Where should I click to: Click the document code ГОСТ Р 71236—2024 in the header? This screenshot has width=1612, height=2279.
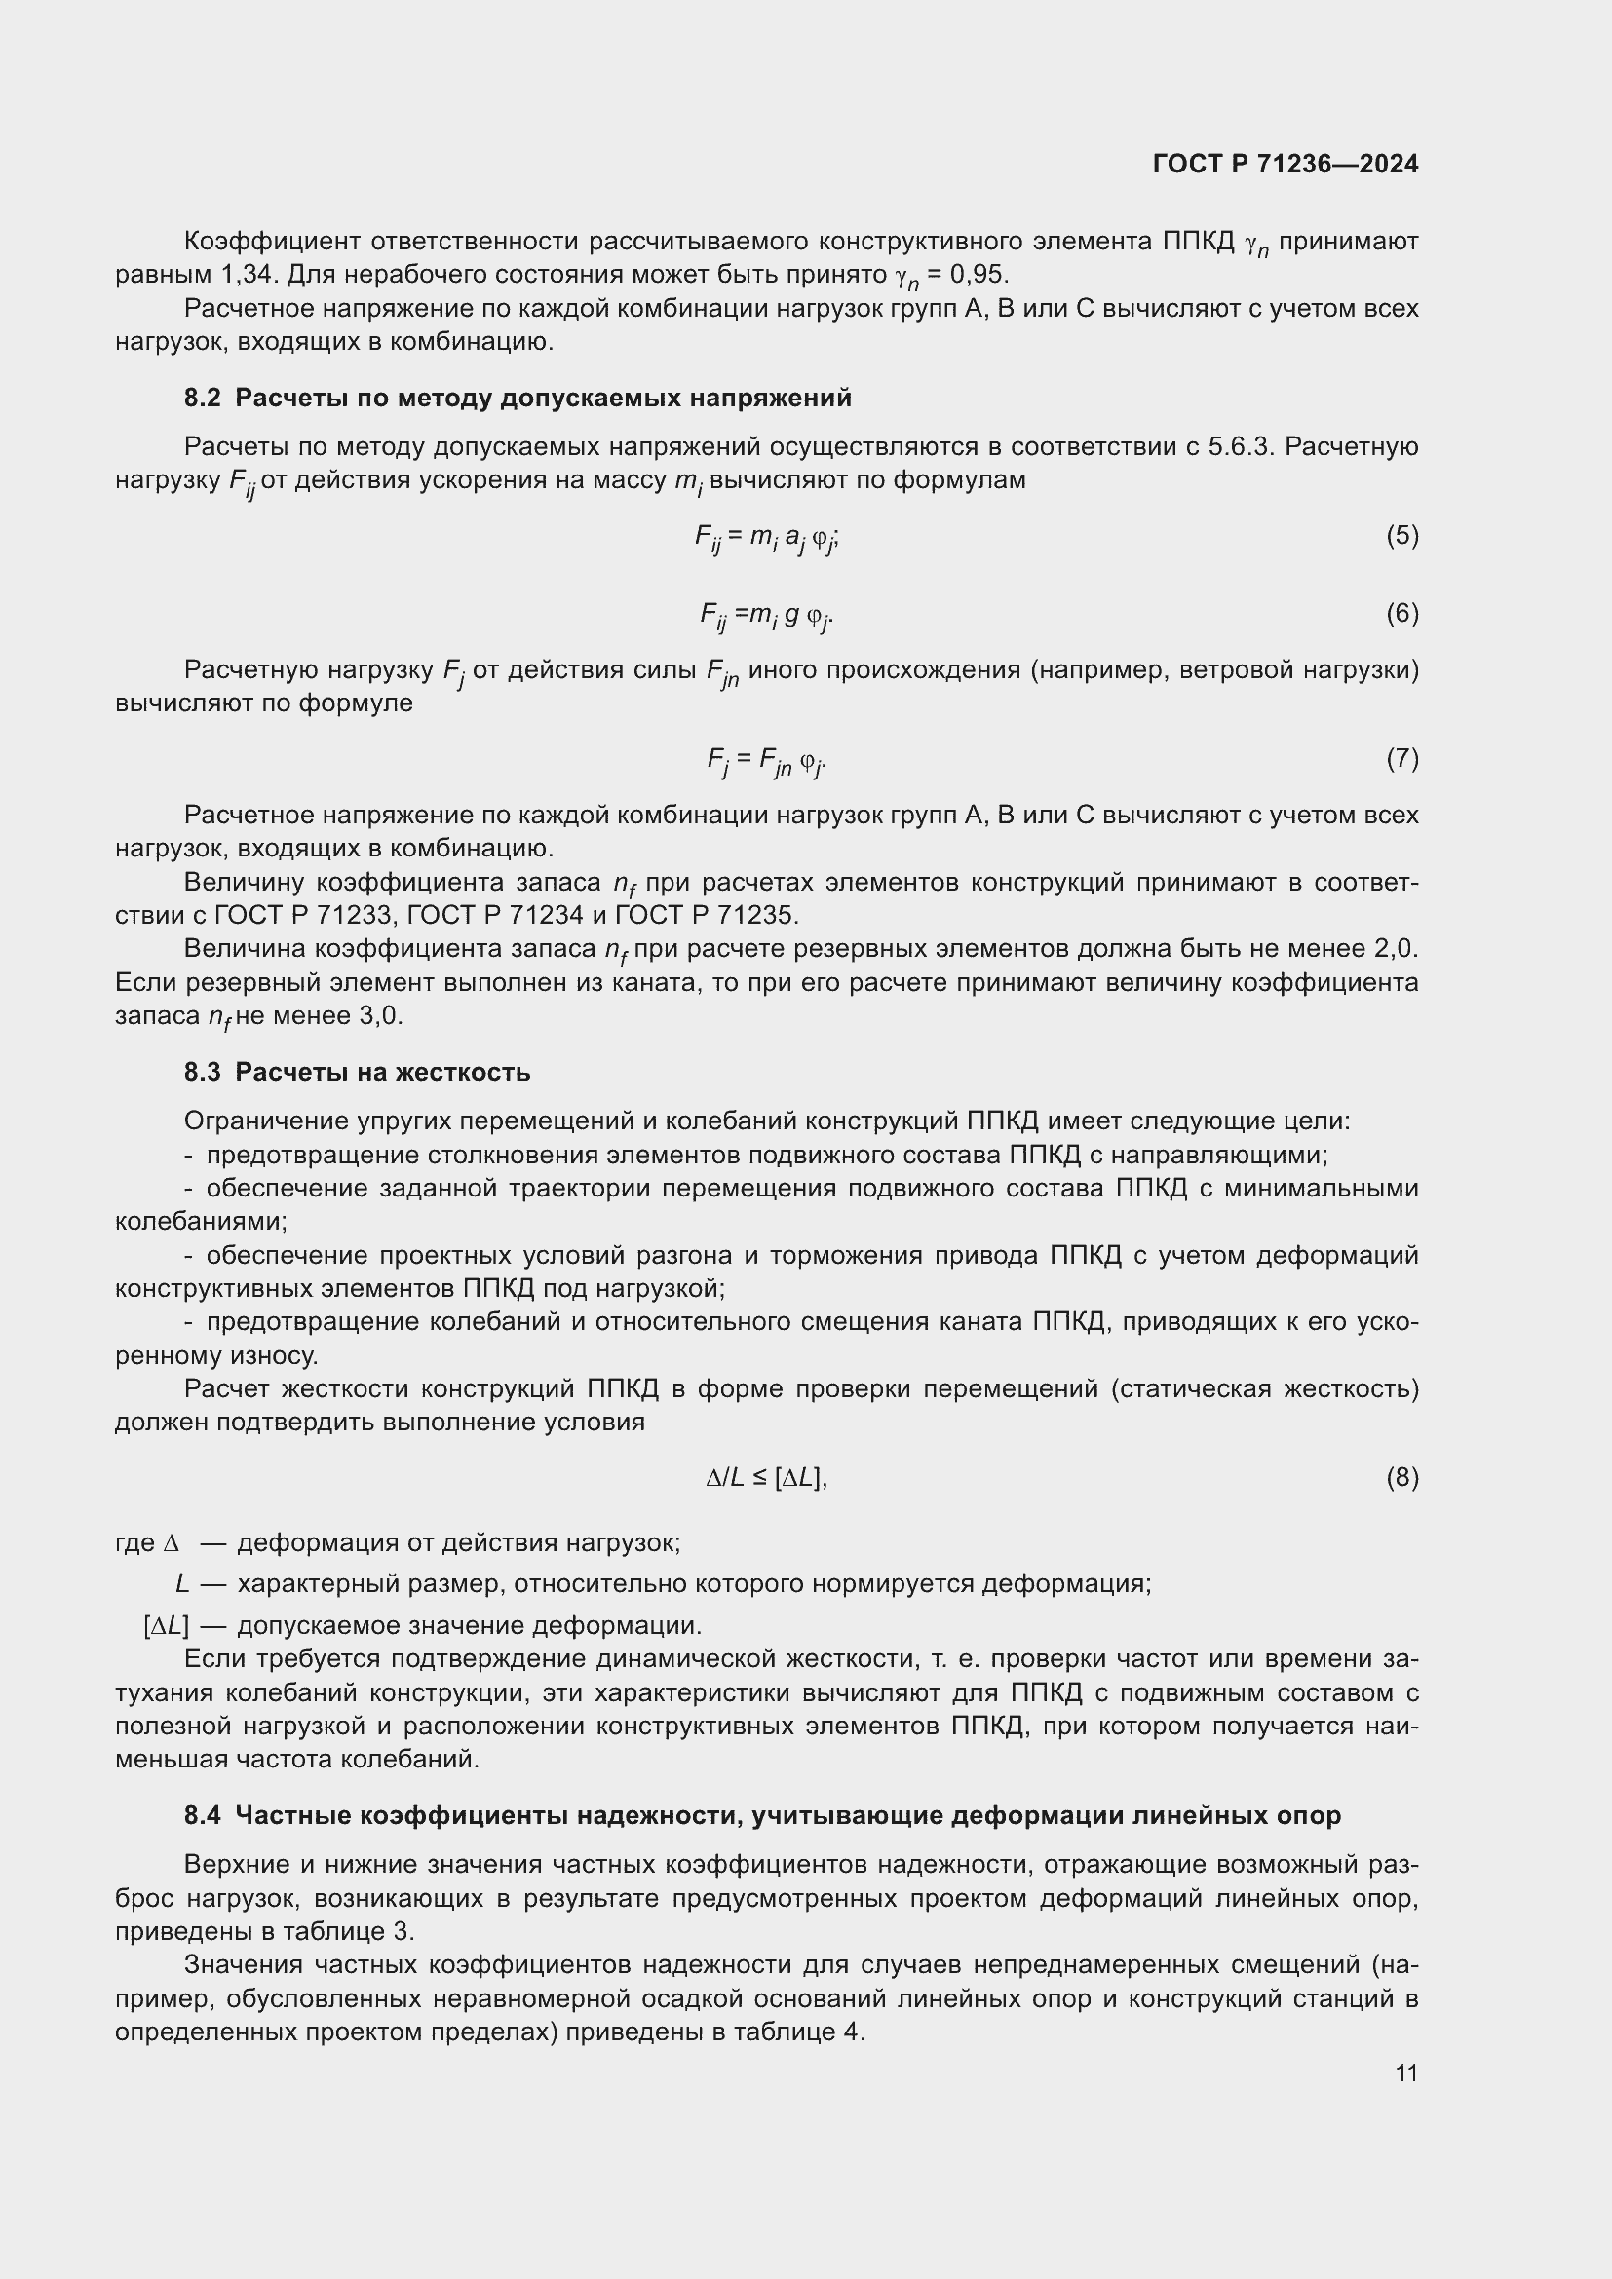pos(1286,165)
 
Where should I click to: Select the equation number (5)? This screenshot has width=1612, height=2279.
pos(1401,536)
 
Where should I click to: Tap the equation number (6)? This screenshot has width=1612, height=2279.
pos(1401,614)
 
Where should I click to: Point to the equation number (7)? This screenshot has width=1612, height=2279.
pos(1401,759)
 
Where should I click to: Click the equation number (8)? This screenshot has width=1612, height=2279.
pos(1401,1478)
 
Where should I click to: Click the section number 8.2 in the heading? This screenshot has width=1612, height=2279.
pos(202,399)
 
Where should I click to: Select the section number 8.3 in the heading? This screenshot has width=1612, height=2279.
pos(202,1073)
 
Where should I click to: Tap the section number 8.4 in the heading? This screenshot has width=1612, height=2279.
pos(202,1816)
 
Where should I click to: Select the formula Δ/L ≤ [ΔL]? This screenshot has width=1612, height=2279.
pos(766,1478)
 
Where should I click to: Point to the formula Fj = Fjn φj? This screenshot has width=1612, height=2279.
pos(766,760)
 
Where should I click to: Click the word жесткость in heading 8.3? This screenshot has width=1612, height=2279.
pos(463,1073)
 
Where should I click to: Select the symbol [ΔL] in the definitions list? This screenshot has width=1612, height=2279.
pos(166,1626)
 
